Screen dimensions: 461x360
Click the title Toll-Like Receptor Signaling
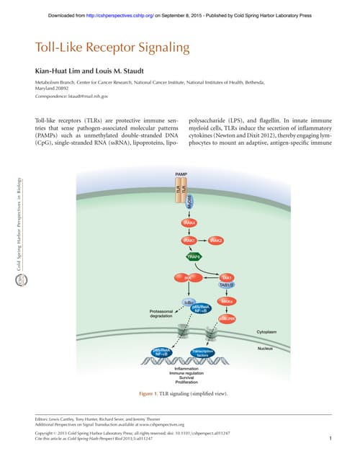tap(112, 49)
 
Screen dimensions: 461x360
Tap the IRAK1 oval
tap(189, 240)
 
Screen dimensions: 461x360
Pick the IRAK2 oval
tap(217, 240)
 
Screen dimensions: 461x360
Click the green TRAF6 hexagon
tap(194, 256)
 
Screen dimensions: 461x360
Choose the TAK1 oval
tap(228, 277)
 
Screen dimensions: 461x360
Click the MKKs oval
tap(228, 300)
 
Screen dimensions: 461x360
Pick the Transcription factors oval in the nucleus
tap(205, 352)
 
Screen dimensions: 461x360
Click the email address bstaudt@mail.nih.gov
tap(84, 96)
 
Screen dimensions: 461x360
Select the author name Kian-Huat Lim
tap(58, 71)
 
